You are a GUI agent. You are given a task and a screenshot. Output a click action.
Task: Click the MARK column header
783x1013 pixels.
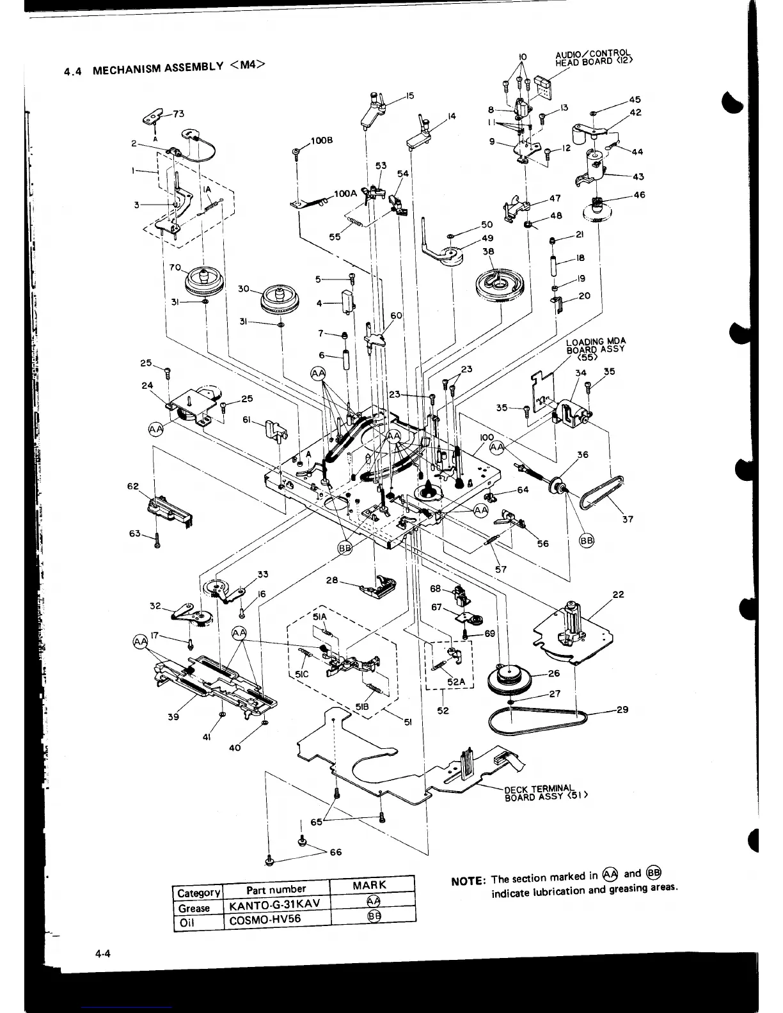[369, 885]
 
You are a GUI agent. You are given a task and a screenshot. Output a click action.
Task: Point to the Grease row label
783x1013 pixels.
[194, 908]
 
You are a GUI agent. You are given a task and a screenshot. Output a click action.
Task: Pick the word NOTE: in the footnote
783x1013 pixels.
[468, 881]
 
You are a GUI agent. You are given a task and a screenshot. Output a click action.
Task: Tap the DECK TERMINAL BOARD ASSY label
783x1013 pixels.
[545, 792]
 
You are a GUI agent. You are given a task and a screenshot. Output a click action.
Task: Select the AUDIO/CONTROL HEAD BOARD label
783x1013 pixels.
[594, 58]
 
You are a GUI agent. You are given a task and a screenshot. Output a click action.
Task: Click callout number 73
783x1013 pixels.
[178, 114]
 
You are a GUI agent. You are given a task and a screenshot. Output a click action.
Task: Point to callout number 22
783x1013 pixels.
[618, 594]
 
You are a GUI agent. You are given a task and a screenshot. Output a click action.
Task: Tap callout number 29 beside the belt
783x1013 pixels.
[622, 709]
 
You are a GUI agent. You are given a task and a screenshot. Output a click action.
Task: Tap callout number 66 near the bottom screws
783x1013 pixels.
[335, 852]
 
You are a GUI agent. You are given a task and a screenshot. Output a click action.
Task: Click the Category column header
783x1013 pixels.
[198, 892]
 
